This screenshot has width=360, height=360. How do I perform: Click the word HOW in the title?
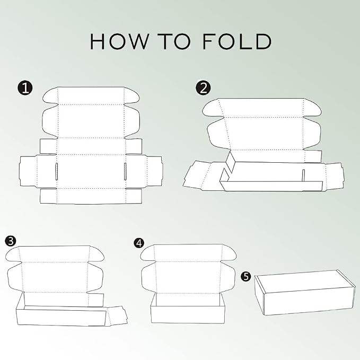[119, 41]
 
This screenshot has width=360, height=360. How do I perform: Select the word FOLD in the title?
[237, 41]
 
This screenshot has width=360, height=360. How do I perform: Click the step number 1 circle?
[25, 88]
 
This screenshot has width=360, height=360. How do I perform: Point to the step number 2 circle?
[203, 88]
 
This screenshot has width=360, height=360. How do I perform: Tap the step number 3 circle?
[11, 241]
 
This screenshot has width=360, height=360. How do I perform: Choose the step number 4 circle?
[139, 243]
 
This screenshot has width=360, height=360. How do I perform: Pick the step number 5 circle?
[246, 276]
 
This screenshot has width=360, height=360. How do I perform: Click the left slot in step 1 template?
[57, 171]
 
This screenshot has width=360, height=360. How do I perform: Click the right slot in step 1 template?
[125, 171]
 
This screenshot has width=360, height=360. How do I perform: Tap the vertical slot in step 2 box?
[303, 175]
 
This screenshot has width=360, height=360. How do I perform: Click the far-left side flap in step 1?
[28, 171]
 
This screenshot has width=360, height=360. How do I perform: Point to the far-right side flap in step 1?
[154, 171]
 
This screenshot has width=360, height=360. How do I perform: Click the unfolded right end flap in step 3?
[117, 315]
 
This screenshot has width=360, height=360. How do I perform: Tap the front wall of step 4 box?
[187, 314]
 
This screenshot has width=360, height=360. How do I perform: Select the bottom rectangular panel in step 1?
[91, 196]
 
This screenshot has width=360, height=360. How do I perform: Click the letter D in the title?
[263, 41]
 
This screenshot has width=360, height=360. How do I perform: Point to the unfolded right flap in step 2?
[334, 175]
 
